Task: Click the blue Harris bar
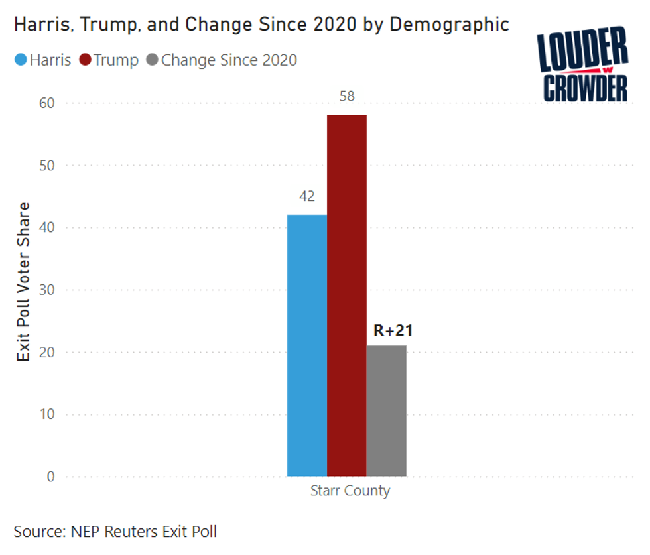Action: (306, 345)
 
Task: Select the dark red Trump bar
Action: (346, 295)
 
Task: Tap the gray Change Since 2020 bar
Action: (386, 410)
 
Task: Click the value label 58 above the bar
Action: (347, 97)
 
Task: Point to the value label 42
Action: (306, 197)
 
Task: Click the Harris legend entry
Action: (43, 60)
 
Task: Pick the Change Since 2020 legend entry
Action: (222, 60)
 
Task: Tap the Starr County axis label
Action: (350, 491)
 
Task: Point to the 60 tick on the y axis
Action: (48, 103)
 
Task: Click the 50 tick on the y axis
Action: (48, 166)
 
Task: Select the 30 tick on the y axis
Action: (48, 290)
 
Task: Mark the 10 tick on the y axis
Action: (48, 414)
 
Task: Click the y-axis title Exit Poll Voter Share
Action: (24, 282)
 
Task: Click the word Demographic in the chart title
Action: (449, 25)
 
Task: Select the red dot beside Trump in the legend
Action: (84, 60)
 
